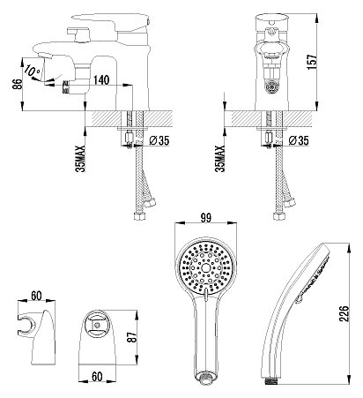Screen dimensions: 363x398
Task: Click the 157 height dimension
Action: click(x=312, y=62)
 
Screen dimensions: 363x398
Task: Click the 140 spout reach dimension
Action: click(x=101, y=80)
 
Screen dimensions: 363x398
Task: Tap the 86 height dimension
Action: click(x=18, y=85)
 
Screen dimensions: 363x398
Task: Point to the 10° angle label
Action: click(x=33, y=71)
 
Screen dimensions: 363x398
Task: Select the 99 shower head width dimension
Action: click(x=206, y=218)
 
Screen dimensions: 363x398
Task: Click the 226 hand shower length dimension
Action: click(x=344, y=313)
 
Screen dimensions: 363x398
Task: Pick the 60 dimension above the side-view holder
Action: click(x=36, y=296)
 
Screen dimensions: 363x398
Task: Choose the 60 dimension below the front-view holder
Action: click(x=97, y=377)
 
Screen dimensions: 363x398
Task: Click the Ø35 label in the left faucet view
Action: click(x=159, y=140)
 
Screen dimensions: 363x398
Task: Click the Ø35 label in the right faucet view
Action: click(x=299, y=140)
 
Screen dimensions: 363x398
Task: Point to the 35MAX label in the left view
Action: click(x=80, y=159)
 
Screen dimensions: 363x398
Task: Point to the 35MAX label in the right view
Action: click(x=219, y=159)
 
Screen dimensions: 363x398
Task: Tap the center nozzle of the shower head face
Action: click(x=205, y=267)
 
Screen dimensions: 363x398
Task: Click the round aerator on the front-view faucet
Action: click(x=271, y=87)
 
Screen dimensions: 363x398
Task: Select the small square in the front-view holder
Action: click(x=96, y=325)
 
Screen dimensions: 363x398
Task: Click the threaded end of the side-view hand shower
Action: click(x=271, y=382)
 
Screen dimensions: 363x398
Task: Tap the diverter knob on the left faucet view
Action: click(x=66, y=86)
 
